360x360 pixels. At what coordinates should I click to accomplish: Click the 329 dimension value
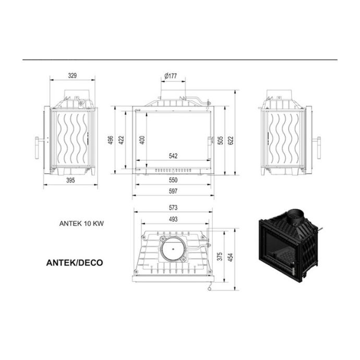(73, 76)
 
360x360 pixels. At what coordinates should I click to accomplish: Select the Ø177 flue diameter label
(171, 76)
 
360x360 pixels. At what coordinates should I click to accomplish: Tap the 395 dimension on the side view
(70, 180)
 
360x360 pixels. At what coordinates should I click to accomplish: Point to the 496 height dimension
(111, 140)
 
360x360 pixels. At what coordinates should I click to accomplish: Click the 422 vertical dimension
(121, 140)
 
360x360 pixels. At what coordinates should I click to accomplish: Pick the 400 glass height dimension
(142, 140)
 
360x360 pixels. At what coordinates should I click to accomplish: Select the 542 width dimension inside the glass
(173, 156)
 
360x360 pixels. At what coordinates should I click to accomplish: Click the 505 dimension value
(220, 140)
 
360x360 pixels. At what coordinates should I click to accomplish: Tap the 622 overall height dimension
(231, 140)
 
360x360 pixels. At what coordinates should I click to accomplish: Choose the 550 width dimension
(173, 180)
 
